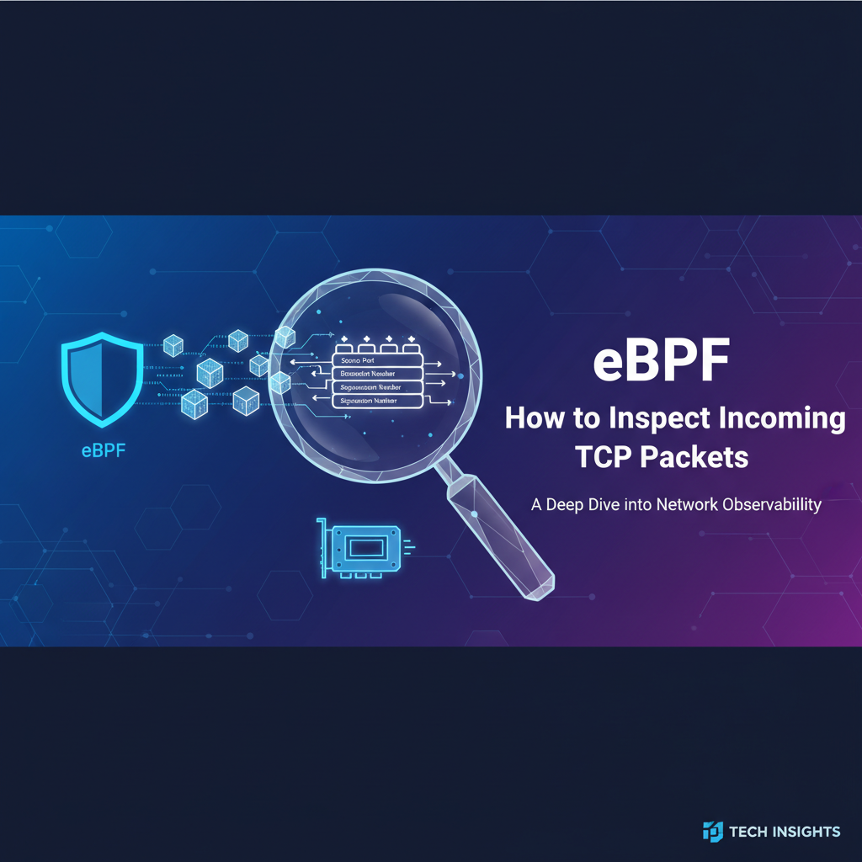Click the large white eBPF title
click(661, 361)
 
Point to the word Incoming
click(782, 418)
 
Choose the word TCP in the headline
click(604, 457)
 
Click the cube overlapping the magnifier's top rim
click(286, 337)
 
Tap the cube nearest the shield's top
click(173, 344)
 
